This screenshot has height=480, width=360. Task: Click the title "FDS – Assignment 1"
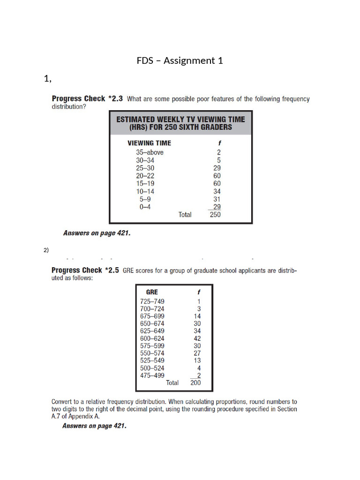click(x=180, y=60)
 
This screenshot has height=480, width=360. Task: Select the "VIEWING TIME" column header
click(x=150, y=143)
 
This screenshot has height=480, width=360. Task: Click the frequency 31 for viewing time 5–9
click(x=217, y=199)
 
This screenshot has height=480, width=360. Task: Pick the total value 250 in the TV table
click(x=215, y=215)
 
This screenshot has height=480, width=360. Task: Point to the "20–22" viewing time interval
click(x=145, y=176)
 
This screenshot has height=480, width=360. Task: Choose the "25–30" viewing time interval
click(x=145, y=168)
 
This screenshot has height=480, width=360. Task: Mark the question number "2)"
click(x=46, y=250)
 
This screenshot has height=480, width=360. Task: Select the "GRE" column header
click(x=152, y=292)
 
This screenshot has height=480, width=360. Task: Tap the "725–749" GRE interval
click(x=152, y=301)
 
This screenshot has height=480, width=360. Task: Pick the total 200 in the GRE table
click(x=195, y=382)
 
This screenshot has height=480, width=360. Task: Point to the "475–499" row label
click(x=152, y=375)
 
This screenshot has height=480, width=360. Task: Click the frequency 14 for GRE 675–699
click(x=197, y=316)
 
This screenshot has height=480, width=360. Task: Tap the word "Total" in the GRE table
click(x=172, y=382)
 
